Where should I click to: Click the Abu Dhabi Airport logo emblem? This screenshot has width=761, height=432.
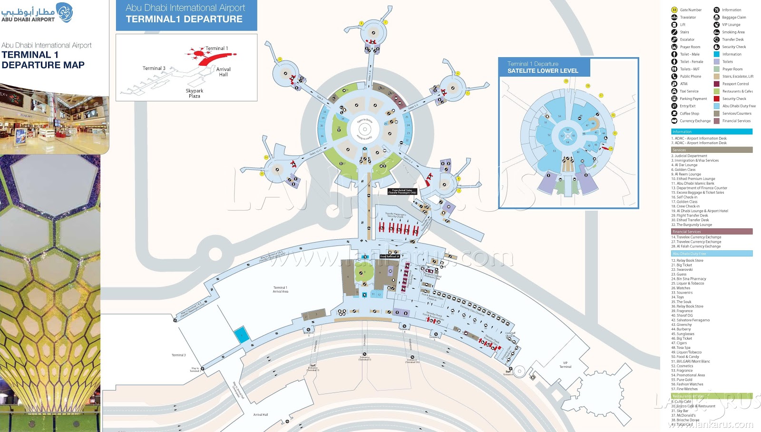65,12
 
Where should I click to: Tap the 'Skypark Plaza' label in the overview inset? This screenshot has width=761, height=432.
194,93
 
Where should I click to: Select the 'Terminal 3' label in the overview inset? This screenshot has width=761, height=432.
154,69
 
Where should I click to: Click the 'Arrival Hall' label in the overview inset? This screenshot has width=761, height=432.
223,72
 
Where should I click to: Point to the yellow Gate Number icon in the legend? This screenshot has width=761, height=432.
674,10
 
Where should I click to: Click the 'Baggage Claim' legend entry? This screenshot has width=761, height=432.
734,18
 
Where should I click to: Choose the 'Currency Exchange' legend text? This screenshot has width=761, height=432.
695,121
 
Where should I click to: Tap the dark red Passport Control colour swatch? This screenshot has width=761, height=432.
716,84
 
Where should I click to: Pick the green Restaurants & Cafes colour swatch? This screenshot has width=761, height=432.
716,91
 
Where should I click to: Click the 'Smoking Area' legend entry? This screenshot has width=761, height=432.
733,32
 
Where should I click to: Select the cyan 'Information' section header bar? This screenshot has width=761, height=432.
712,132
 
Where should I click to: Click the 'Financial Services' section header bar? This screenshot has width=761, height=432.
712,232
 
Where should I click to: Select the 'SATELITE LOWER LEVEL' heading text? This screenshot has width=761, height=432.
543,71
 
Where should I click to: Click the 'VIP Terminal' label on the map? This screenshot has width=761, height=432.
565,365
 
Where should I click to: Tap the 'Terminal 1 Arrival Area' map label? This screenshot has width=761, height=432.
280,289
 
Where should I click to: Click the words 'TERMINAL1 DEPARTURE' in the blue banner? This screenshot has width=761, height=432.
184,20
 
